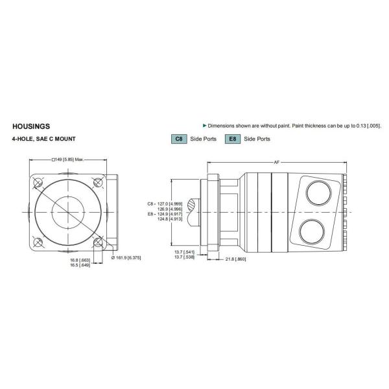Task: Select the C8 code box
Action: coord(178,139)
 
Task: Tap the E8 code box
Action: coord(231,139)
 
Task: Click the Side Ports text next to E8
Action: coord(257,139)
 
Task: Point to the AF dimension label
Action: coord(277,163)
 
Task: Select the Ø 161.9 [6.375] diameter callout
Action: coord(126,257)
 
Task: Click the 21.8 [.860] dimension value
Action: coord(235,259)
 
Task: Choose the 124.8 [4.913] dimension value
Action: coord(169,218)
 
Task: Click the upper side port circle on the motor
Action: coord(317,193)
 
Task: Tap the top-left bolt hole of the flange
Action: coord(37,183)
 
